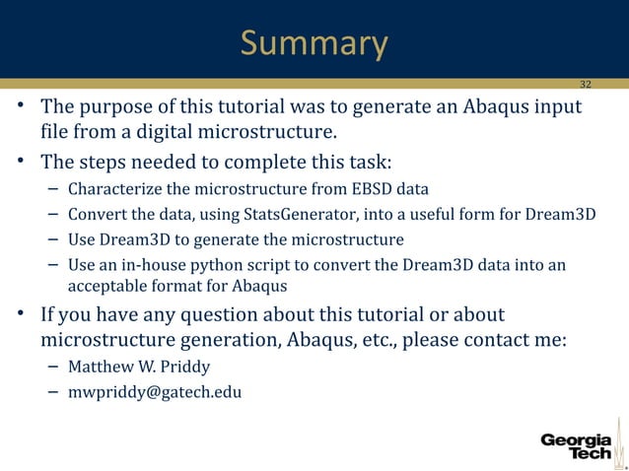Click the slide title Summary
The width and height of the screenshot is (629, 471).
[314, 43]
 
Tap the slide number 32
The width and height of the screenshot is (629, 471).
[586, 84]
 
